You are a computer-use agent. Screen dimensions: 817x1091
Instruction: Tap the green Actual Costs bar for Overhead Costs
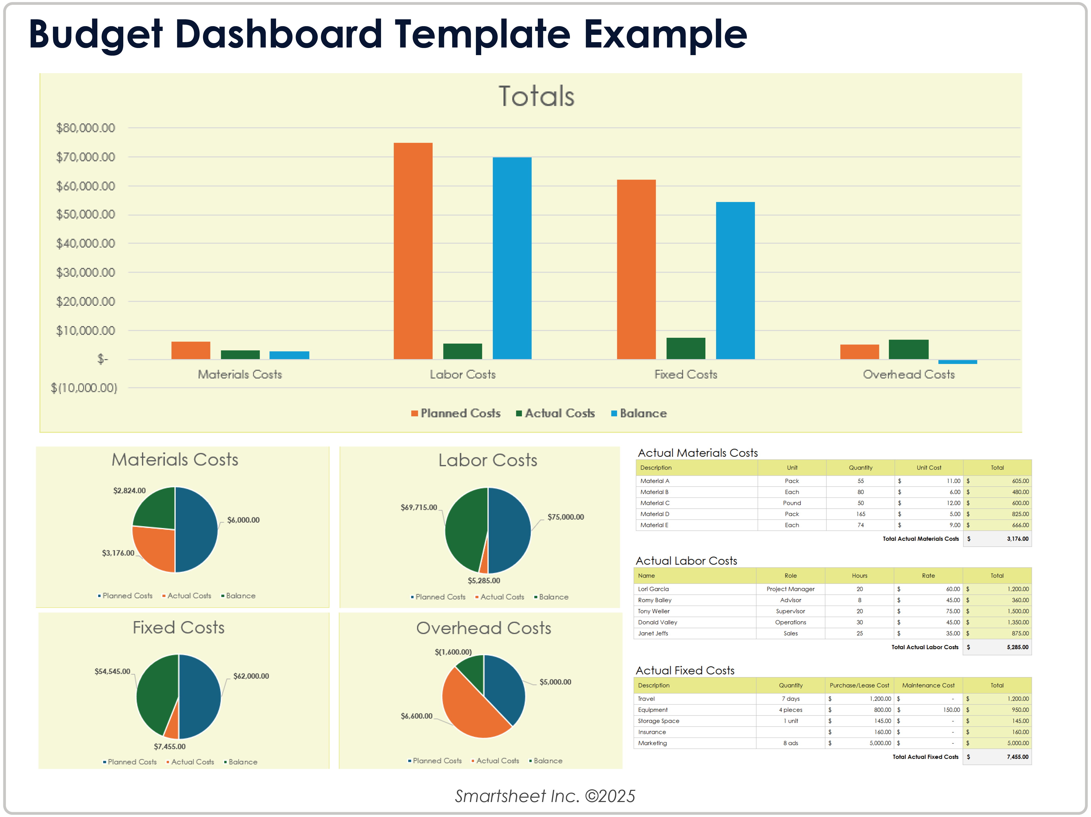pyautogui.click(x=908, y=349)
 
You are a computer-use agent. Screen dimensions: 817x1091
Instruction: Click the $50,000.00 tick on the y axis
pyautogui.click(x=85, y=214)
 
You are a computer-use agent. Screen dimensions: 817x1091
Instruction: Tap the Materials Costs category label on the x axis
pyautogui.click(x=240, y=375)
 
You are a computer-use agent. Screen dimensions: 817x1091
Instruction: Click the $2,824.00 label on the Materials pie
pyautogui.click(x=129, y=491)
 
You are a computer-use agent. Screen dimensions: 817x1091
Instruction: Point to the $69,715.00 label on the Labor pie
pyautogui.click(x=418, y=507)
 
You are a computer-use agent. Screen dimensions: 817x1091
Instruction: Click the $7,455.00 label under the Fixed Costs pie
pyautogui.click(x=170, y=747)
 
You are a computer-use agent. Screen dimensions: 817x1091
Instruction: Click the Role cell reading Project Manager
pyautogui.click(x=790, y=589)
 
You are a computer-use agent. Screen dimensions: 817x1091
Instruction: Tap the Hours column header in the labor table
pyautogui.click(x=859, y=575)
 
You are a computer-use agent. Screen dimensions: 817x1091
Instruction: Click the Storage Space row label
pyautogui.click(x=658, y=721)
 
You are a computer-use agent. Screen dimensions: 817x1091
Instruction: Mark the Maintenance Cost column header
pyautogui.click(x=928, y=685)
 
